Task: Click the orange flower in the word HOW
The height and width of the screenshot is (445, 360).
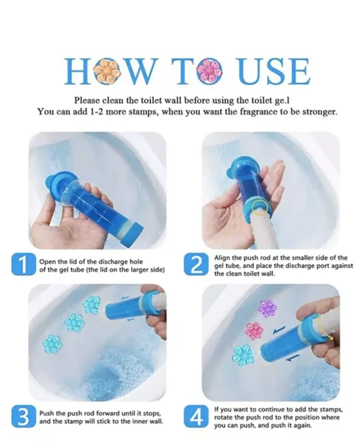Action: click(104, 71)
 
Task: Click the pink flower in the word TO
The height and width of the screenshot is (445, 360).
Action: click(210, 71)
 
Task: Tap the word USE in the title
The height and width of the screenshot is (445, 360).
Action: click(273, 71)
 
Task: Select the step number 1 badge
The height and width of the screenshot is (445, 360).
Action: click(23, 265)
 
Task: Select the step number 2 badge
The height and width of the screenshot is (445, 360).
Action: click(196, 265)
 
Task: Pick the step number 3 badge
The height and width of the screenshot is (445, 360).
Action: click(23, 416)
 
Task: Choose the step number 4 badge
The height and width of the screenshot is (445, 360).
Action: click(196, 416)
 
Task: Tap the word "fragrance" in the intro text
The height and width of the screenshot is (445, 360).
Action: click(258, 112)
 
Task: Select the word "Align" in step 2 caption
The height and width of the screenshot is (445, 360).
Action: click(221, 258)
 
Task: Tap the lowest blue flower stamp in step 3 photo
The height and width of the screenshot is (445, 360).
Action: click(52, 344)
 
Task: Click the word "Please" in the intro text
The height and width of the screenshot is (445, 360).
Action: click(87, 100)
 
